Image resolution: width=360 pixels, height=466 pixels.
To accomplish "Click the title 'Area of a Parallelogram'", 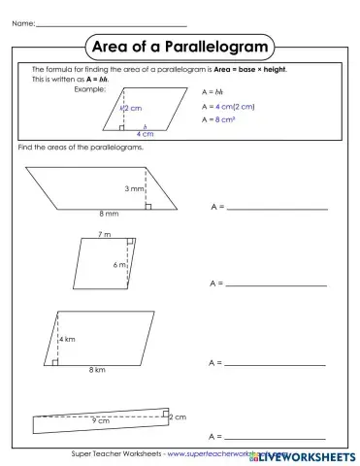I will click(180, 46).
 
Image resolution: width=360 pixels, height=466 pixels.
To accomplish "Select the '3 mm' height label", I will click(134, 188).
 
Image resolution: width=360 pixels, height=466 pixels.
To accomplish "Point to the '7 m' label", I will click(105, 234).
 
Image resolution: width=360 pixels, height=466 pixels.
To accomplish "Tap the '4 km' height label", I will click(67, 340).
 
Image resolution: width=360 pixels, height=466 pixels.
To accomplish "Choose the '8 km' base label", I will click(97, 370).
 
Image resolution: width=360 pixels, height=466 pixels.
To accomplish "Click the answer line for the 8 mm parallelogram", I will click(277, 208).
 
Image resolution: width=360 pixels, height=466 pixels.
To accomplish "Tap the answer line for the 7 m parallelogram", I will click(277, 284).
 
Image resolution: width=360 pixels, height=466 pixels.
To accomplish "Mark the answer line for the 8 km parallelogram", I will click(277, 362).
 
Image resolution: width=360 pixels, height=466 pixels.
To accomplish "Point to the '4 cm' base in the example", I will click(146, 133).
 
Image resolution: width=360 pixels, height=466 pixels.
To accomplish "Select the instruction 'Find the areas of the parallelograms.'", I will click(81, 147).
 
